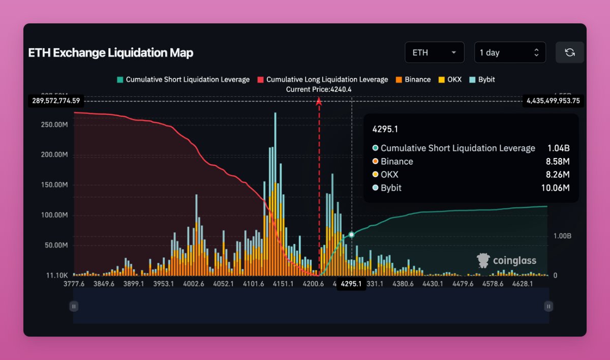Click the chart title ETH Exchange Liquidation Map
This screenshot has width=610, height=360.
(x=110, y=53)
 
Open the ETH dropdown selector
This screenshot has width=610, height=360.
(x=434, y=52)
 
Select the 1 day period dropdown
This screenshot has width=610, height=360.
(x=509, y=52)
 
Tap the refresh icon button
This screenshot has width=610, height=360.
(x=570, y=52)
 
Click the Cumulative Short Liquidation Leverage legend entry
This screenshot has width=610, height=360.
(x=183, y=79)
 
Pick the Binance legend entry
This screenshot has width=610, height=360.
(x=413, y=79)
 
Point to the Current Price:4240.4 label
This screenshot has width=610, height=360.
(x=319, y=89)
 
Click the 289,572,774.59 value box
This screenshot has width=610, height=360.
(x=56, y=101)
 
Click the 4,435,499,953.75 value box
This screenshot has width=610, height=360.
(x=553, y=101)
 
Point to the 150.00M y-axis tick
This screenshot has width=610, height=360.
(x=55, y=185)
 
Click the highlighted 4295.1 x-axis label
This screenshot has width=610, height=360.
(x=351, y=284)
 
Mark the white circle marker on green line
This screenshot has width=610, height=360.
(x=351, y=235)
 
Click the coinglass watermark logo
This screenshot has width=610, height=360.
(x=506, y=261)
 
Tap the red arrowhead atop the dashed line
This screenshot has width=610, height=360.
(x=319, y=102)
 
